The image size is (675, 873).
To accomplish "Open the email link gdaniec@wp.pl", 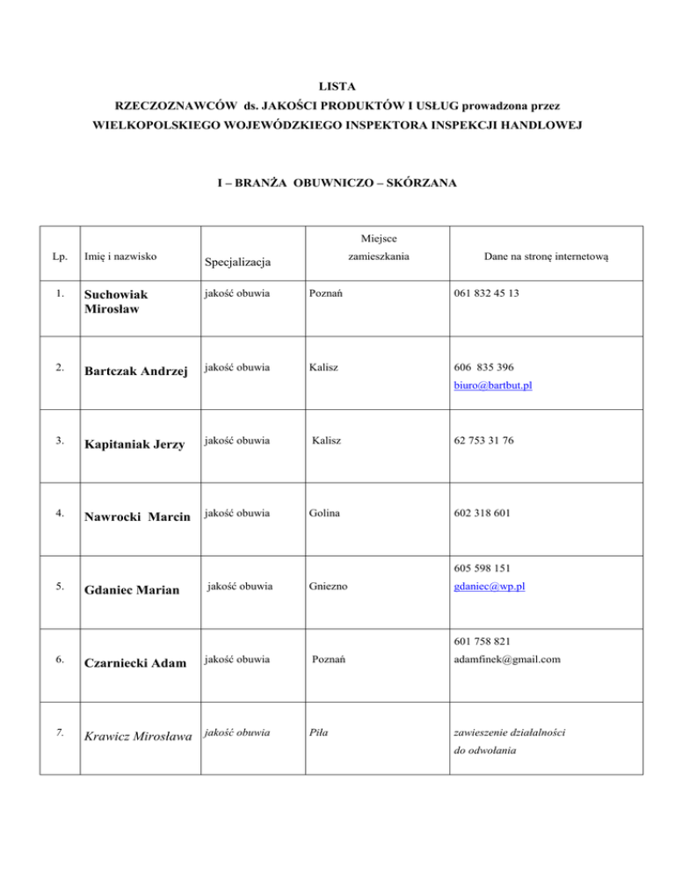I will click(x=489, y=587).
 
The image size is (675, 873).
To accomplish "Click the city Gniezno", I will click(x=329, y=587).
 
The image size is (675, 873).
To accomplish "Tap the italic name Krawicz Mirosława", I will click(x=137, y=732).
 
